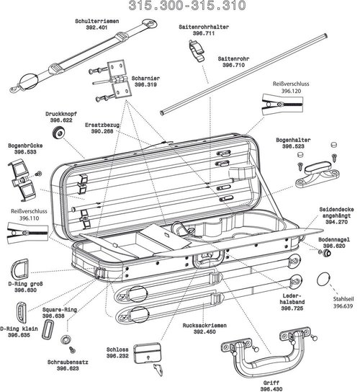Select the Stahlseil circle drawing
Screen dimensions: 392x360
coord(325,277)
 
